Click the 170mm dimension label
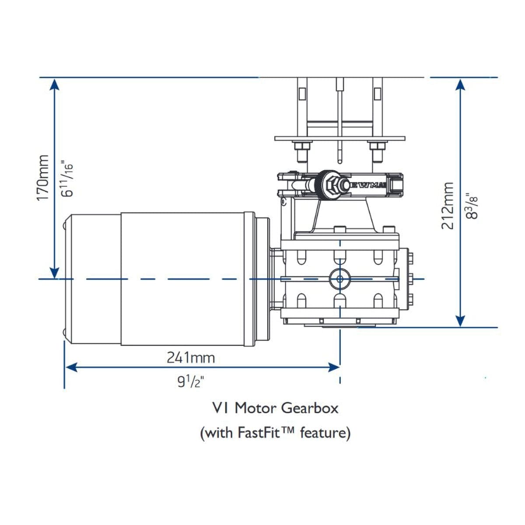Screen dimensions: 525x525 click(x=43, y=178)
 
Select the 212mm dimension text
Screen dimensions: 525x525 click(x=448, y=206)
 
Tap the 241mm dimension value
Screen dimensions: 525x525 click(x=191, y=357)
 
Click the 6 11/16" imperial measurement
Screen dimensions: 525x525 click(x=66, y=179)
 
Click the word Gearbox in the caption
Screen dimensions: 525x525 click(x=310, y=408)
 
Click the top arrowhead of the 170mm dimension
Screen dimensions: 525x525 click(x=54, y=84)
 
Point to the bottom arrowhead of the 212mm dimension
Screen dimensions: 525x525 click(x=460, y=321)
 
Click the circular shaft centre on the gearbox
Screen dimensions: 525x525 click(x=339, y=279)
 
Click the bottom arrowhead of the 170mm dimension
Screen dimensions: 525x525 click(x=54, y=273)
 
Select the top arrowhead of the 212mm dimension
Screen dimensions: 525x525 click(x=460, y=84)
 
